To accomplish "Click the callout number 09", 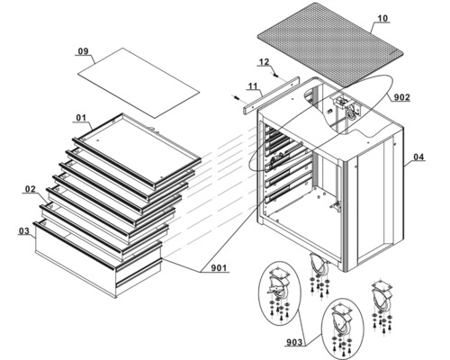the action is pyautogui.click(x=84, y=51).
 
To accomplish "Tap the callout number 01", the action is pyautogui.click(x=81, y=118).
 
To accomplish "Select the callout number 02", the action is pyautogui.click(x=31, y=189).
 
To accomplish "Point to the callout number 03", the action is pyautogui.click(x=24, y=230).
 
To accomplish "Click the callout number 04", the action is pyautogui.click(x=418, y=157).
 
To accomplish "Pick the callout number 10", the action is pyautogui.click(x=382, y=18).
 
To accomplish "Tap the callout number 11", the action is pyautogui.click(x=253, y=86).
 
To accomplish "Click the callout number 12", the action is pyautogui.click(x=264, y=62).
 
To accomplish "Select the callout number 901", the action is pyautogui.click(x=219, y=267).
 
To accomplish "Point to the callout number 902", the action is pyautogui.click(x=401, y=97).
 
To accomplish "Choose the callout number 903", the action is pyautogui.click(x=294, y=342).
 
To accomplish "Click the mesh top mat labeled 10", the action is pyautogui.click(x=330, y=44).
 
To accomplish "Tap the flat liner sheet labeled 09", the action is pyautogui.click(x=139, y=83).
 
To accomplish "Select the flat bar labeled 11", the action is pyautogui.click(x=271, y=94).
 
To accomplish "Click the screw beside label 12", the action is pyautogui.click(x=275, y=75).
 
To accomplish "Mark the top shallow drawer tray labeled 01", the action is pyautogui.click(x=137, y=149).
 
